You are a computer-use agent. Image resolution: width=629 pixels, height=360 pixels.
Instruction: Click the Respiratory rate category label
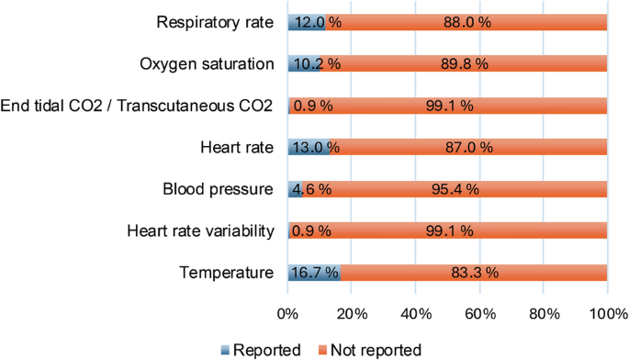coord(215,22)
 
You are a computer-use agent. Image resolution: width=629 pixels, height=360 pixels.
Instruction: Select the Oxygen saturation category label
coord(207,63)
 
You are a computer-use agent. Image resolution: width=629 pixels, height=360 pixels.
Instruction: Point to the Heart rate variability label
coord(200,231)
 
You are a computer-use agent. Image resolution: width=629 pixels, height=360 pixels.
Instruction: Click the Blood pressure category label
coord(218,189)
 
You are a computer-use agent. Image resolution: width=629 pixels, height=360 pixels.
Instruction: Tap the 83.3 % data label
coord(474,272)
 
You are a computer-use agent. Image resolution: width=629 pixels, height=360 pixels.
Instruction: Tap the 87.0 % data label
coord(468,147)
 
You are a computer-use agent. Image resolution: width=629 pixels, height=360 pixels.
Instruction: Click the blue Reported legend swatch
coord(229,350)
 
